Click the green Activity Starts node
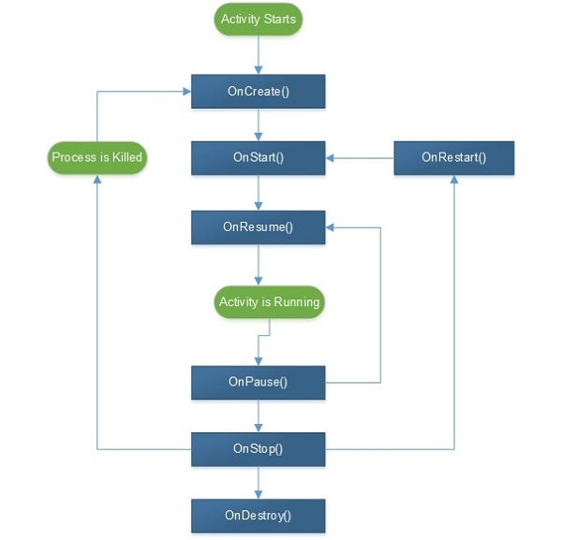[258, 19]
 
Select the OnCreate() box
[258, 91]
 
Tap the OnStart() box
[258, 157]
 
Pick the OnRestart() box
[453, 157]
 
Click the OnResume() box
[258, 226]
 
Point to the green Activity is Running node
[269, 302]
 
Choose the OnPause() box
[258, 382]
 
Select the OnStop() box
[258, 448]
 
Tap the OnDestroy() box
[258, 515]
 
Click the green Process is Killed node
[97, 157]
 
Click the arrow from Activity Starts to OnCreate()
[258, 55]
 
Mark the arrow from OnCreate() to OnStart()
[258, 124]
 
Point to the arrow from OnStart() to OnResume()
[258, 192]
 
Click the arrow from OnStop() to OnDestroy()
[258, 482]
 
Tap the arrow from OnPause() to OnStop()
[258, 416]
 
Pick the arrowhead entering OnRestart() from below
[454, 180]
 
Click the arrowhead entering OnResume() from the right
[331, 226]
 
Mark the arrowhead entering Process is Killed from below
[97, 179]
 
